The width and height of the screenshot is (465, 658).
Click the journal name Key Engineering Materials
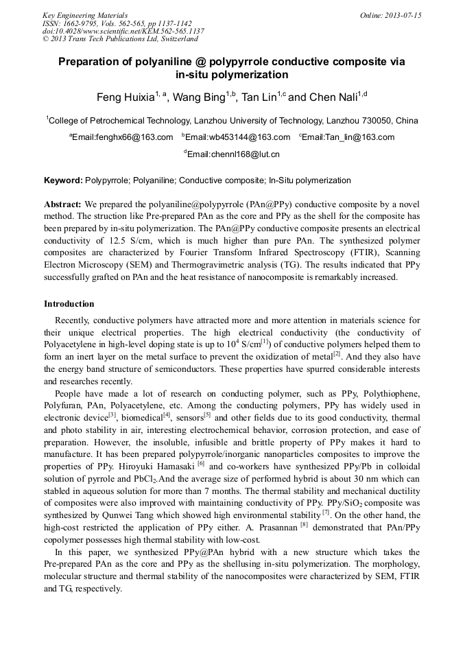click(84, 15)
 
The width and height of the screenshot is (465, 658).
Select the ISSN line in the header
click(117, 23)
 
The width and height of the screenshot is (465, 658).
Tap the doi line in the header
click(123, 31)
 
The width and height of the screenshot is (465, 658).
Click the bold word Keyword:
click(63, 180)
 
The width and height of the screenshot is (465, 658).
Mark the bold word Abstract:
click(63, 204)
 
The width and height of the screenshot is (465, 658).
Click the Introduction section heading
click(69, 304)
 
